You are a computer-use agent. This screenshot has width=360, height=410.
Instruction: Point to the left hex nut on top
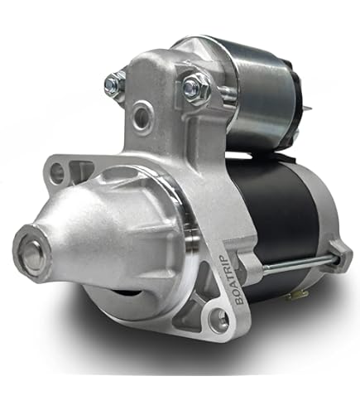pyautogui.click(x=115, y=83)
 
